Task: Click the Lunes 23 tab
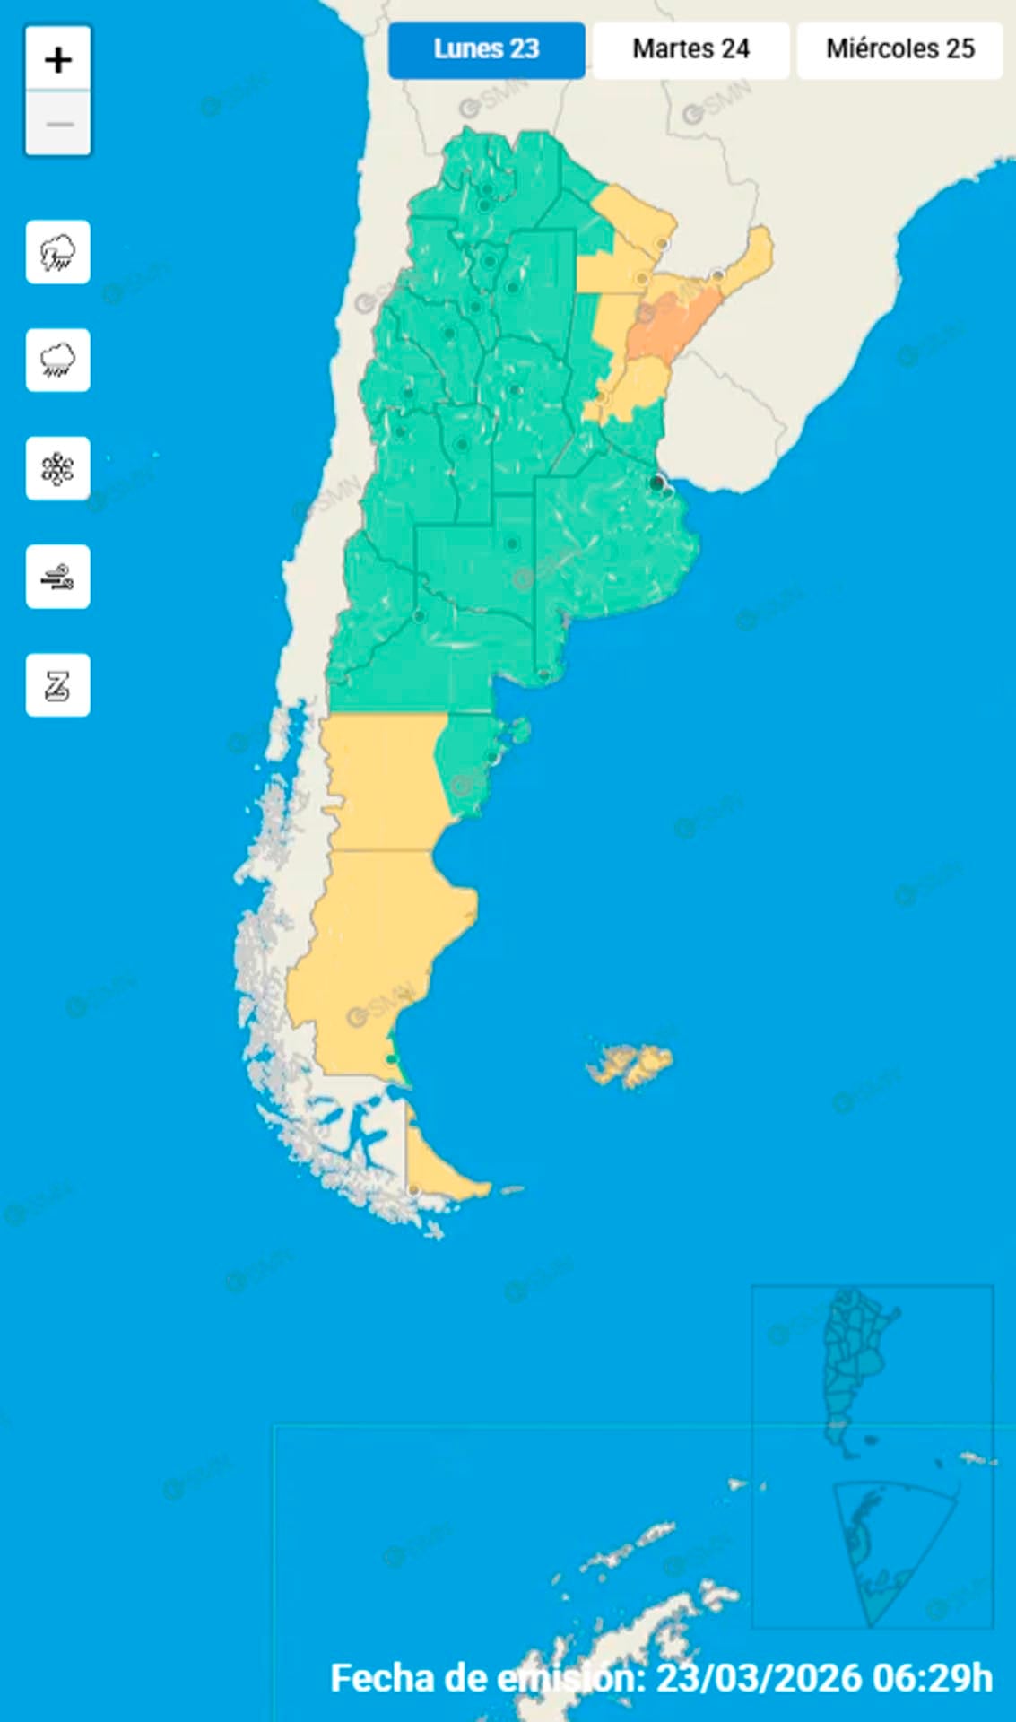pyautogui.click(x=486, y=49)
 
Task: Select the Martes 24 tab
pyautogui.click(x=690, y=49)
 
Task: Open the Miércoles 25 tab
pyautogui.click(x=899, y=49)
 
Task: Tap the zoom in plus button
pyautogui.click(x=58, y=60)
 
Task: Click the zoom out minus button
pyautogui.click(x=58, y=124)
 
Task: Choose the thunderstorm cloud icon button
pyautogui.click(x=58, y=252)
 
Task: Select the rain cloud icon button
pyautogui.click(x=58, y=361)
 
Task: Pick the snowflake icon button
pyautogui.click(x=58, y=469)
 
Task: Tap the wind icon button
pyautogui.click(x=58, y=577)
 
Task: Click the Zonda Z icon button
pyautogui.click(x=58, y=686)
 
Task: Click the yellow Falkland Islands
pyautogui.click(x=632, y=1065)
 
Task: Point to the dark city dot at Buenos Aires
pyautogui.click(x=657, y=483)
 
